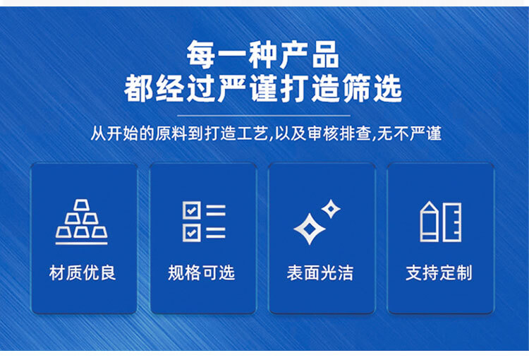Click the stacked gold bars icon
tap(81, 222)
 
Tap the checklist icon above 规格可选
tap(204, 222)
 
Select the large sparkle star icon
tap(310, 229)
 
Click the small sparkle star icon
tap(331, 209)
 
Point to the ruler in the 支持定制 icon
tap(452, 222)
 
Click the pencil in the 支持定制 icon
tap(429, 222)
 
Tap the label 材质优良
tap(83, 272)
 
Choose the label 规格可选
tap(201, 272)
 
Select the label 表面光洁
tap(320, 272)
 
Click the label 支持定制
tap(439, 272)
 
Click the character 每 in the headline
tap(201, 54)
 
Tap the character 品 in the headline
tap(325, 54)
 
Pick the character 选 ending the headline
tap(388, 88)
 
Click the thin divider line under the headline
tap(264, 116)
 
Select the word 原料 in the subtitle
tap(171, 133)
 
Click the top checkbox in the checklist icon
tap(192, 210)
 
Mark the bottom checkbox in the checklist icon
tap(192, 233)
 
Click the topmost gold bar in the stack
tap(81, 205)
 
